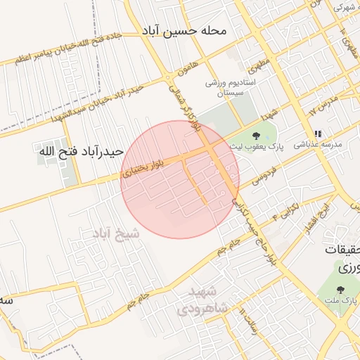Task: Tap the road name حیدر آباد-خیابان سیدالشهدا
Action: tap(93, 100)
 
